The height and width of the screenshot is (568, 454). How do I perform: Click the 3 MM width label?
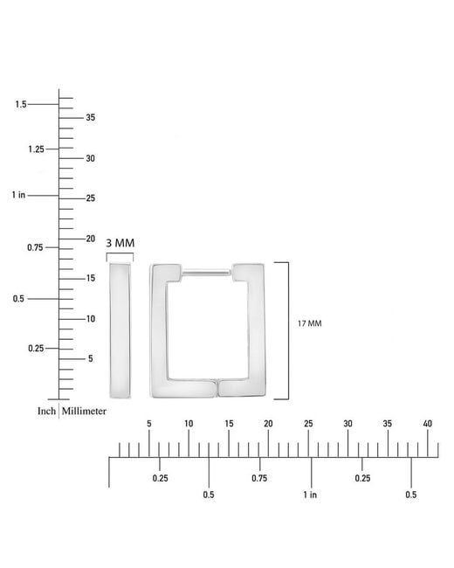coord(120,243)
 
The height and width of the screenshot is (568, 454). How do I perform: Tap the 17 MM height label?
coord(310,323)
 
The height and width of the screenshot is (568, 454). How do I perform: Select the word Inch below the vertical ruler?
coord(46,412)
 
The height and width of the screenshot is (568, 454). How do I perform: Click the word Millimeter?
coord(84,412)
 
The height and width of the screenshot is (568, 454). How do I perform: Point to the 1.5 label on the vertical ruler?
coord(21,104)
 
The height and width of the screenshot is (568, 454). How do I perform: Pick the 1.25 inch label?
coord(36,149)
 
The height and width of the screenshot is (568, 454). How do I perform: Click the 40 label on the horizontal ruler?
coord(428,424)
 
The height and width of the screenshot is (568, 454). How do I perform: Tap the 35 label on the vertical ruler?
coord(91,117)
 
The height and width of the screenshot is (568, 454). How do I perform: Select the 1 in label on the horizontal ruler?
coord(310,495)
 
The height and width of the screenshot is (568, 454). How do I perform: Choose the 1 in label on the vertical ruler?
coord(18,195)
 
